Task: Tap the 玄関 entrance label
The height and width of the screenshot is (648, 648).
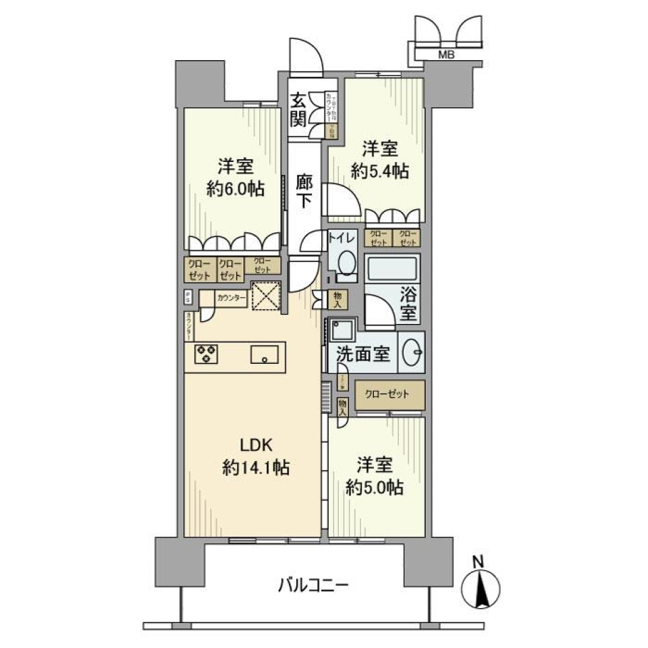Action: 299,109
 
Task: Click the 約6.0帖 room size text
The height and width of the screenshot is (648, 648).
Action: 235,188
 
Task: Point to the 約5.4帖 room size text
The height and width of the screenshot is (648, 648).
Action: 379,171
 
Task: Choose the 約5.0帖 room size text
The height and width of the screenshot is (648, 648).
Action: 375,487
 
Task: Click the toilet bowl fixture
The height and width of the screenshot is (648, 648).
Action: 346,263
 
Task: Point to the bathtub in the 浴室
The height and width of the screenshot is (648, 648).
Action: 391,271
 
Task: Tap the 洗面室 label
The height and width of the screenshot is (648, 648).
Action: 363,352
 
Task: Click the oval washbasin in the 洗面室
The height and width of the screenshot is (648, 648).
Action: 412,351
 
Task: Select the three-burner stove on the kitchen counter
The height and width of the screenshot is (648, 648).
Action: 207,354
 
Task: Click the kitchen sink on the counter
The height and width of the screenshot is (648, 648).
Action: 265,353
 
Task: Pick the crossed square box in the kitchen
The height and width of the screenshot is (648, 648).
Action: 265,296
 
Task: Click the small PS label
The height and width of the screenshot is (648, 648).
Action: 188,296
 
